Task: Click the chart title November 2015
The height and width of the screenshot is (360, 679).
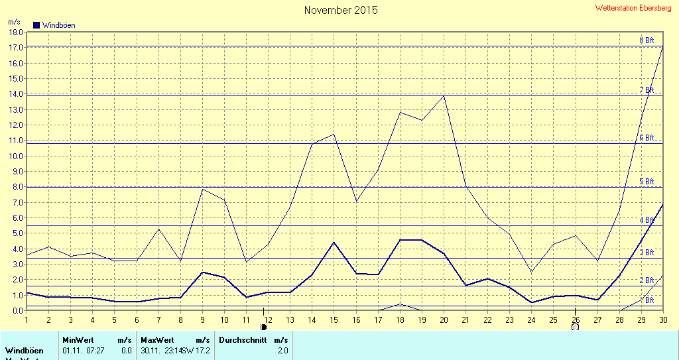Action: pyautogui.click(x=341, y=11)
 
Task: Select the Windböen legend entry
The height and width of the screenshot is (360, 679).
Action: pyautogui.click(x=54, y=25)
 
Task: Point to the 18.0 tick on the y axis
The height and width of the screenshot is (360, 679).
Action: pyautogui.click(x=15, y=32)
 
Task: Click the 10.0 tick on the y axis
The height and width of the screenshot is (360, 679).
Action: pyautogui.click(x=15, y=156)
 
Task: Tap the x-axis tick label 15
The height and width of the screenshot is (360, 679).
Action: pyautogui.click(x=334, y=320)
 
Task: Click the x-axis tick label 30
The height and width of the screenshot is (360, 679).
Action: pyautogui.click(x=662, y=320)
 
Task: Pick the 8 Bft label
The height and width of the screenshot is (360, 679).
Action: pyautogui.click(x=646, y=40)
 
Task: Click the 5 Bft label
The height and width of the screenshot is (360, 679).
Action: pyautogui.click(x=646, y=182)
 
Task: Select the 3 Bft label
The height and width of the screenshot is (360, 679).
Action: pyautogui.click(x=646, y=253)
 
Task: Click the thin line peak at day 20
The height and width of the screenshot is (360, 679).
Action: pyautogui.click(x=444, y=96)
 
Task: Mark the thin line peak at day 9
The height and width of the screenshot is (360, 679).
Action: pyautogui.click(x=202, y=190)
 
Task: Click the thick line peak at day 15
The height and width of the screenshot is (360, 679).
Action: pyautogui.click(x=334, y=242)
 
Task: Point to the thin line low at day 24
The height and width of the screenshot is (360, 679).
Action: pyautogui.click(x=531, y=271)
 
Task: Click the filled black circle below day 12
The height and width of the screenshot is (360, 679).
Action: pyautogui.click(x=264, y=326)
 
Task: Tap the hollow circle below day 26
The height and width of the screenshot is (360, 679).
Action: pyautogui.click(x=575, y=326)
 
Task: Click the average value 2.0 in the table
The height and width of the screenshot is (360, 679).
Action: pyautogui.click(x=282, y=350)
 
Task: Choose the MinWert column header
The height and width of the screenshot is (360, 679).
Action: pyautogui.click(x=78, y=339)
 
